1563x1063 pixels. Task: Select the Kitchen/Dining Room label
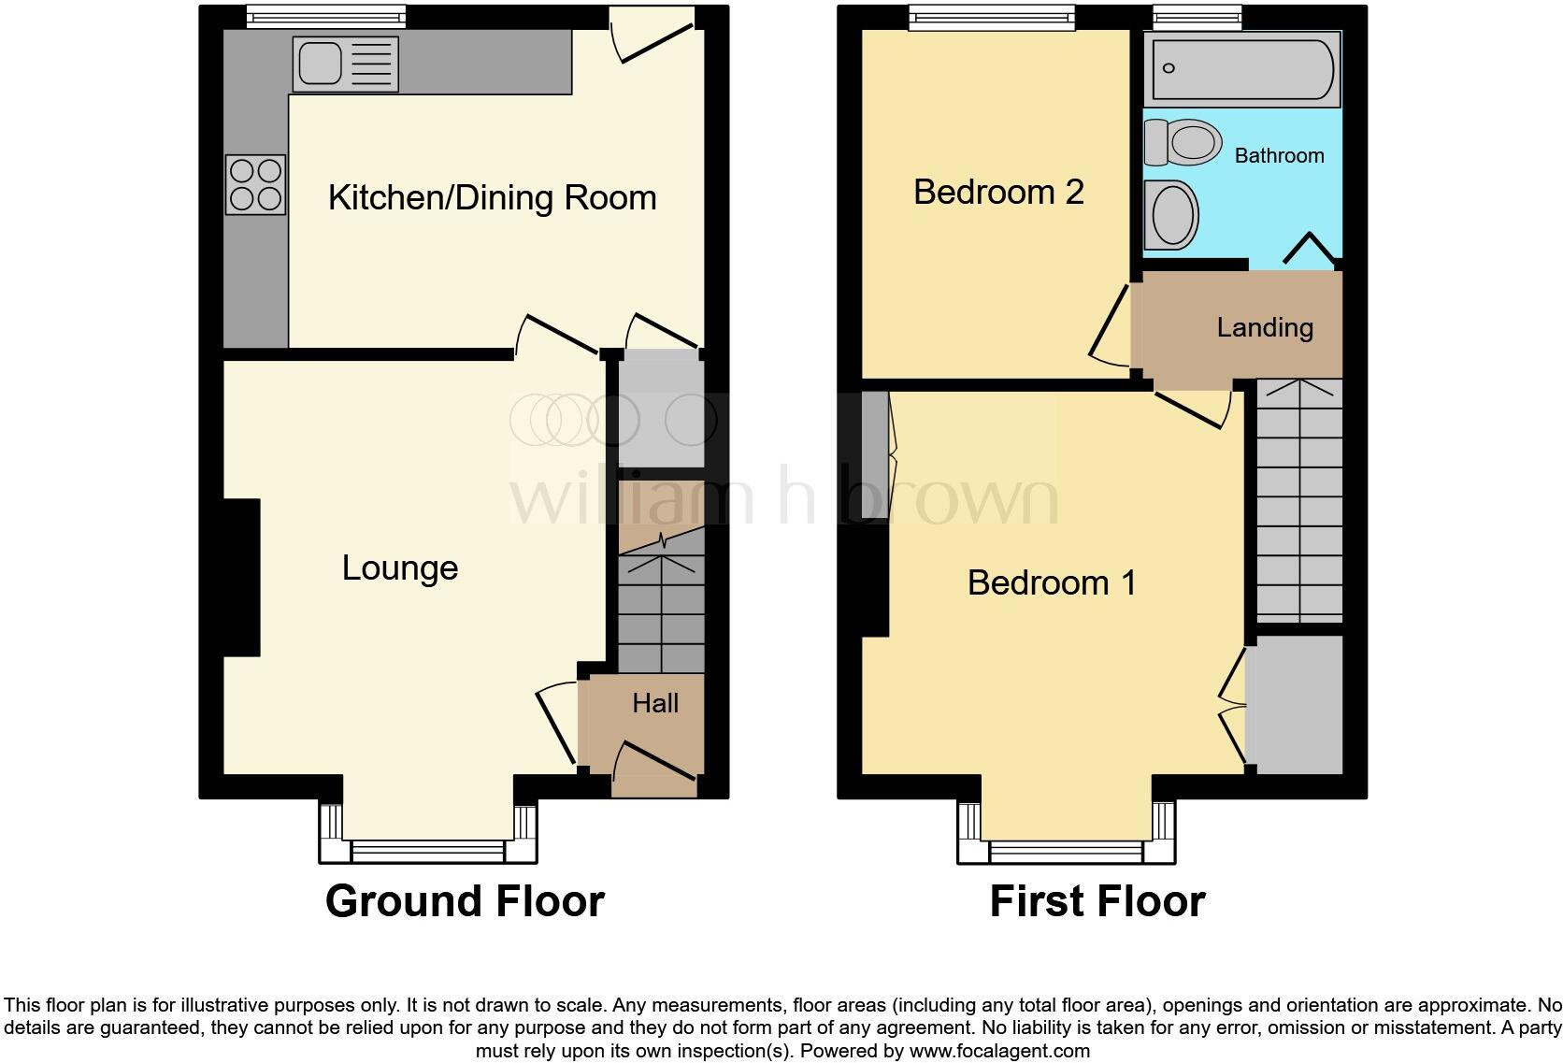pyautogui.click(x=492, y=198)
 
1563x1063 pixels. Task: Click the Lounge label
pyautogui.click(x=400, y=568)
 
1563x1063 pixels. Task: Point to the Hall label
pyautogui.click(x=655, y=703)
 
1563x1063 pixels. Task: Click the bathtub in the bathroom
pyautogui.click(x=1242, y=68)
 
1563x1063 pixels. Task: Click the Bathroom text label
pyautogui.click(x=1279, y=156)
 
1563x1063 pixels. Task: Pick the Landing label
pyautogui.click(x=1265, y=327)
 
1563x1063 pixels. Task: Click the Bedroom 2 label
pyautogui.click(x=998, y=192)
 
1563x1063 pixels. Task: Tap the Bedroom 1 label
pyautogui.click(x=1052, y=582)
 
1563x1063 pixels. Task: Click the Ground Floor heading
pyautogui.click(x=465, y=901)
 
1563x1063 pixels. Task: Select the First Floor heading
pyautogui.click(x=1097, y=901)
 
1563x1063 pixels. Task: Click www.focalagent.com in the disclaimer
pyautogui.click(x=999, y=1051)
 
